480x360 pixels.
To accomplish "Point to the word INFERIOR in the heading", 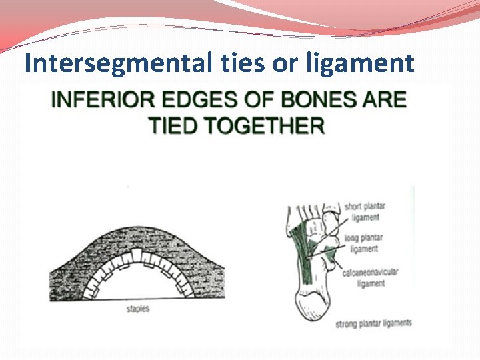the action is coord(97,100).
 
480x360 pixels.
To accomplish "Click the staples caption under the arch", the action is coord(138,309).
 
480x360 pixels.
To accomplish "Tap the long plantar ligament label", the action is coord(362,243).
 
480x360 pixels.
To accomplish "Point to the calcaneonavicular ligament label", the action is coord(371,278).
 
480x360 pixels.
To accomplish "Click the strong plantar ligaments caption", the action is coord(373,323).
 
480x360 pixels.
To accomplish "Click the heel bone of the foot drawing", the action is coord(311,307).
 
